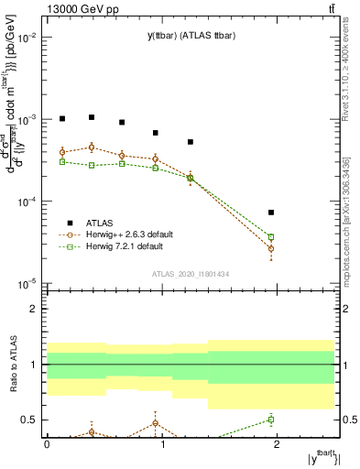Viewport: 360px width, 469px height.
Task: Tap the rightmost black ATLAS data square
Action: click(x=271, y=213)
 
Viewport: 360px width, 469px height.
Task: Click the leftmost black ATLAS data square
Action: click(x=62, y=118)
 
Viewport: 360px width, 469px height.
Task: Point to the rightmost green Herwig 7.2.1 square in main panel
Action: click(x=271, y=237)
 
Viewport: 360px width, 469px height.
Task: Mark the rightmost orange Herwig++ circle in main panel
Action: click(x=271, y=248)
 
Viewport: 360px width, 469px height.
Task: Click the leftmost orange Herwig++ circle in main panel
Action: click(x=62, y=152)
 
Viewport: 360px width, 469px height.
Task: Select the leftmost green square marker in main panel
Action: click(x=62, y=161)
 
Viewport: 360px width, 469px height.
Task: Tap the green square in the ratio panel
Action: click(x=271, y=420)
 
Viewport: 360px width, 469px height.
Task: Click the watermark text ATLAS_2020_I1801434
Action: click(x=191, y=275)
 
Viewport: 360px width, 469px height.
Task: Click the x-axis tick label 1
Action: click(x=162, y=443)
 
